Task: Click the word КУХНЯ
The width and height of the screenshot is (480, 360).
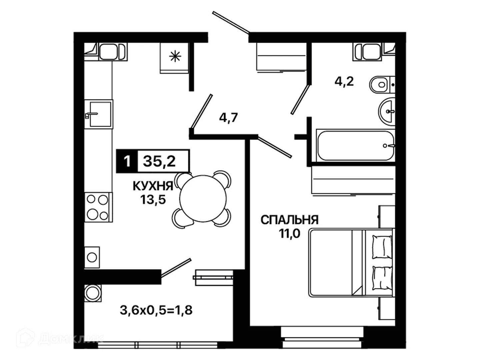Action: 153,186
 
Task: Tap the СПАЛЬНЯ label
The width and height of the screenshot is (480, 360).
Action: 289,220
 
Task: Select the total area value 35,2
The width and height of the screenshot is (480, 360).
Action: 159,161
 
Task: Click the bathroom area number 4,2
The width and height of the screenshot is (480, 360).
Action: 344,82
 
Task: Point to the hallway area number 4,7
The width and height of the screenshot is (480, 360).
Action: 228,118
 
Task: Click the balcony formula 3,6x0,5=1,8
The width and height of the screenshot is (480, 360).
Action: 156,310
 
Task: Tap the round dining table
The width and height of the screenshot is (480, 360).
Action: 203,198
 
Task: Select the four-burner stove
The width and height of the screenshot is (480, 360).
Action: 98,207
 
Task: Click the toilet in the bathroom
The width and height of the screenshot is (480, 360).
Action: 382,84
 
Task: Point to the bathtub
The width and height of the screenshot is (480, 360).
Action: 355,146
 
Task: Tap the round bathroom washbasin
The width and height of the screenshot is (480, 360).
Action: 387,112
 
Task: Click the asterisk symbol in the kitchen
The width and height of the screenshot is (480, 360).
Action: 175,56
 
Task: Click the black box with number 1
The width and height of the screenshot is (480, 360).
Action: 127,161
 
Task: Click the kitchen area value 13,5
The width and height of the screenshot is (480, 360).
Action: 153,200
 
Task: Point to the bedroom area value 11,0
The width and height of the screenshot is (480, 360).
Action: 289,234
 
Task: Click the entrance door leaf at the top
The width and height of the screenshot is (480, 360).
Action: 231,23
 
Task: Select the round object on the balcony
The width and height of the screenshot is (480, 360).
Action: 93,293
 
